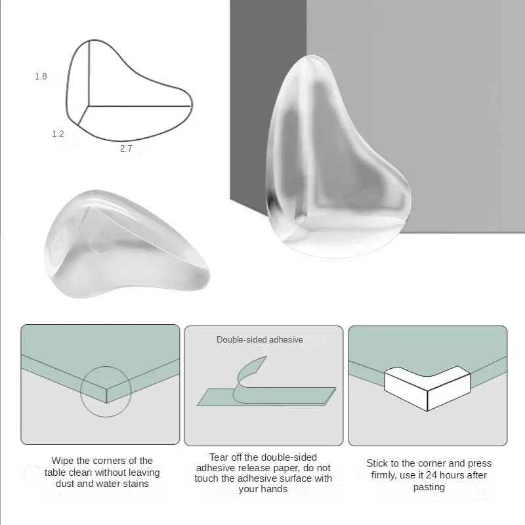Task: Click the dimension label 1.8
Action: pyautogui.click(x=41, y=76)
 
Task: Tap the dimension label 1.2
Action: pyautogui.click(x=58, y=134)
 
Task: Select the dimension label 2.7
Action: pyautogui.click(x=126, y=149)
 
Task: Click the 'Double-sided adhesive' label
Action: pyautogui.click(x=260, y=340)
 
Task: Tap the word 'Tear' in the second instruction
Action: pyautogui.click(x=220, y=457)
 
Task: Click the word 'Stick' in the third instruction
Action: pyautogui.click(x=379, y=463)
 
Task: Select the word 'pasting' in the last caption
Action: pyautogui.click(x=429, y=487)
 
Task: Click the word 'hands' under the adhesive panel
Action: pyautogui.click(x=272, y=490)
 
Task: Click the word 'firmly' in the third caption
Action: pyautogui.click(x=382, y=475)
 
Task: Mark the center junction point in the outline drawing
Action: pyautogui.click(x=89, y=105)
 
